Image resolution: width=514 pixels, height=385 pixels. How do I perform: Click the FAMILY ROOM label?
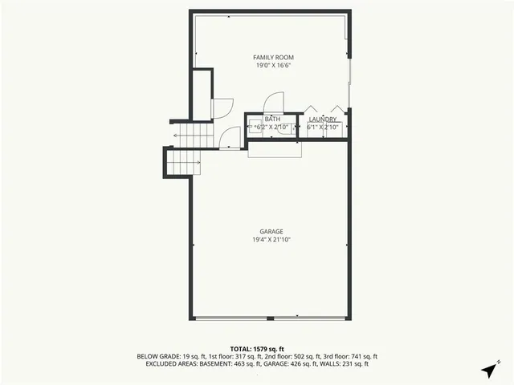(273, 58)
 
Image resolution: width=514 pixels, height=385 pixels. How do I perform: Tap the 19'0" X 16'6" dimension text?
(273, 67)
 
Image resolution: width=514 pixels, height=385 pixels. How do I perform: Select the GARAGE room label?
(271, 232)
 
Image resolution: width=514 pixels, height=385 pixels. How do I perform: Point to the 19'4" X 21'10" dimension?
(271, 240)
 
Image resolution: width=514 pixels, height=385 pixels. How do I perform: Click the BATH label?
(272, 120)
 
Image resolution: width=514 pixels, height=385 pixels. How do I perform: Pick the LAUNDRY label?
(322, 120)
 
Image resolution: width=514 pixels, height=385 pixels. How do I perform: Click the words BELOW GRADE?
(160, 356)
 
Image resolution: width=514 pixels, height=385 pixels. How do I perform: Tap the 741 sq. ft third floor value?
(363, 356)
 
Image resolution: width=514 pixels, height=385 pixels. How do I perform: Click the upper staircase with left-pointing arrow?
(194, 136)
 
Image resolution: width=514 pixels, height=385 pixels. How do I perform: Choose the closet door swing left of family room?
(222, 107)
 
